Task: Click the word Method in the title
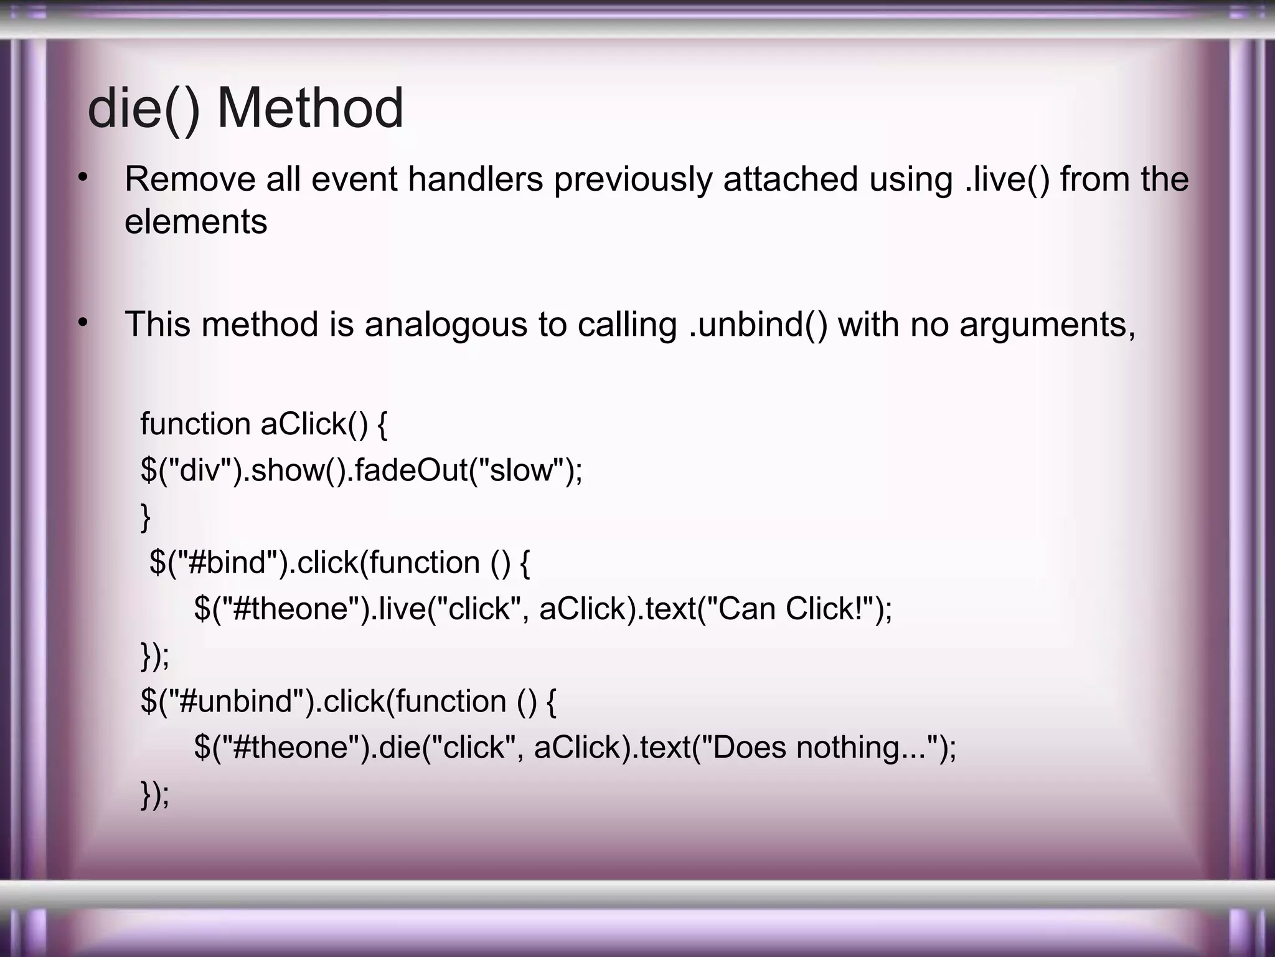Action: (310, 108)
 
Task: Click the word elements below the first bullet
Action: (195, 222)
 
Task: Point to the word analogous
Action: (446, 325)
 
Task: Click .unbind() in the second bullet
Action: (758, 325)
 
